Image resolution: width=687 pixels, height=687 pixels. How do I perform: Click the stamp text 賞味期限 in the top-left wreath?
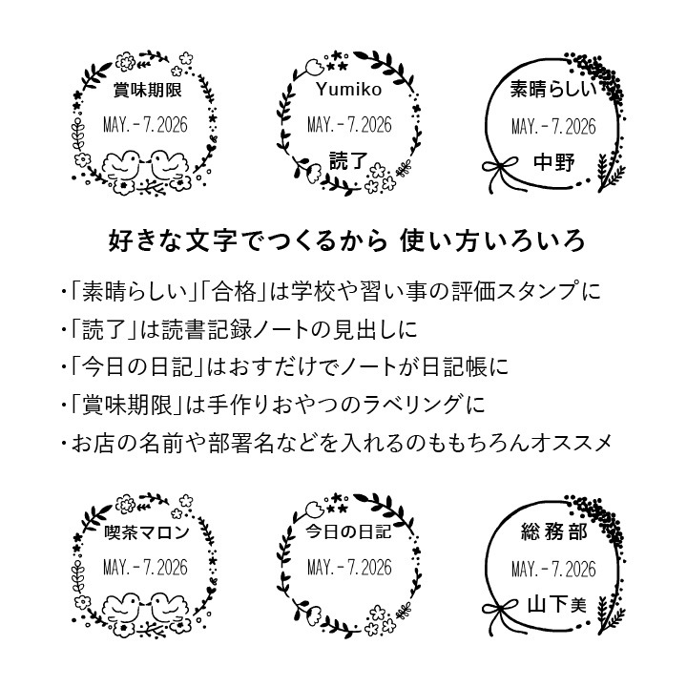(148, 91)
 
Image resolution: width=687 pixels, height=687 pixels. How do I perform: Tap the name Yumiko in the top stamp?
(349, 90)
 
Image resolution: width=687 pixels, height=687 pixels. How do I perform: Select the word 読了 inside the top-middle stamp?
(348, 161)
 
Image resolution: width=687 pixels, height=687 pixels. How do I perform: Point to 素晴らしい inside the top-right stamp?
(553, 89)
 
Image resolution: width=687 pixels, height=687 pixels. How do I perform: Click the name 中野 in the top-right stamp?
(553, 162)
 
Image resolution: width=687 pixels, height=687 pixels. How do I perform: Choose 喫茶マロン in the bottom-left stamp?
(147, 532)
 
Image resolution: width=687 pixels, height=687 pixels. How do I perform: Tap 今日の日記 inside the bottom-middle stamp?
(348, 531)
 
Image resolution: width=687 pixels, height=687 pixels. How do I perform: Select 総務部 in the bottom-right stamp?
(554, 531)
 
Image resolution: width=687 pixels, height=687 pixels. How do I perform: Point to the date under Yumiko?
(349, 125)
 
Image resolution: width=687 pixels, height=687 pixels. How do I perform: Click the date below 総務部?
(553, 569)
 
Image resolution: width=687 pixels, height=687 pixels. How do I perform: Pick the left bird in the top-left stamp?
(123, 164)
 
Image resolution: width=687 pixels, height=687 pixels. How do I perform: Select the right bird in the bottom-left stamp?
(169, 607)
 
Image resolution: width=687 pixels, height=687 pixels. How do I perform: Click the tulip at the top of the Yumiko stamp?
(314, 66)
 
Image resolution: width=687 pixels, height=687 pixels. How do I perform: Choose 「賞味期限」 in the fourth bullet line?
(127, 405)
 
